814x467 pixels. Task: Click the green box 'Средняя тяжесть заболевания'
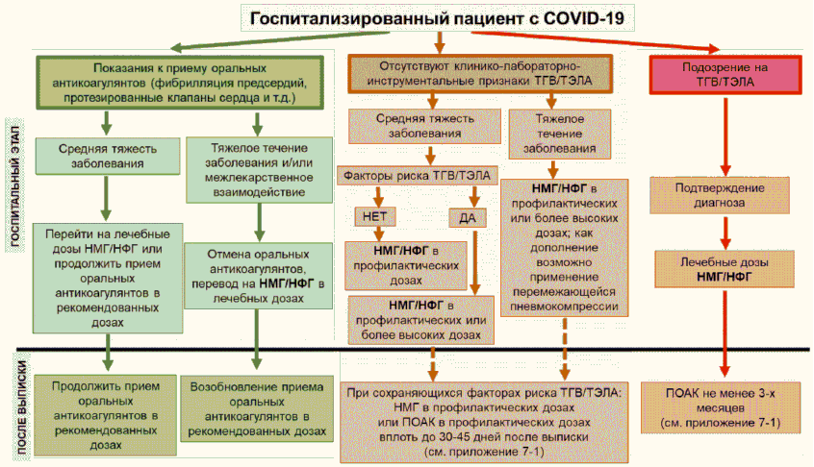pyautogui.click(x=101, y=156)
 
